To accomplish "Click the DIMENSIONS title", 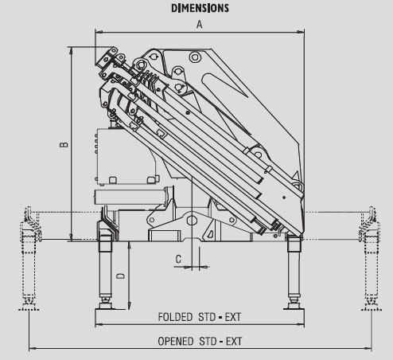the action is coord(200,8).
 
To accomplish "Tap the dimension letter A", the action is coord(199,25).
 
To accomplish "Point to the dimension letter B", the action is coord(64,145).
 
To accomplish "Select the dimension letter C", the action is coord(178,259).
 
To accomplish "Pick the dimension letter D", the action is coord(120,276).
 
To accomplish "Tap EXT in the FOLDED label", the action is coord(233,317).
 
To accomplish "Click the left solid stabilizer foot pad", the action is coord(106,307).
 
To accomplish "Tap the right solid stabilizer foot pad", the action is coord(294,307).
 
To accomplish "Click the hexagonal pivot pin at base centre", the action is coord(192,220).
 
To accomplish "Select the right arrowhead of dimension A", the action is coord(301,32).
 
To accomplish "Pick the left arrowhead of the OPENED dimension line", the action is coord(33,348).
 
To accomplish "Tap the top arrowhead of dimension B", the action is coord(71,51).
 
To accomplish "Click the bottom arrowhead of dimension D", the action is coord(129,306).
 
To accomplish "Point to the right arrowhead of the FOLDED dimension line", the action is coord(301,324).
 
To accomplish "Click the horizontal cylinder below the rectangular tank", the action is coord(131,197).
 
